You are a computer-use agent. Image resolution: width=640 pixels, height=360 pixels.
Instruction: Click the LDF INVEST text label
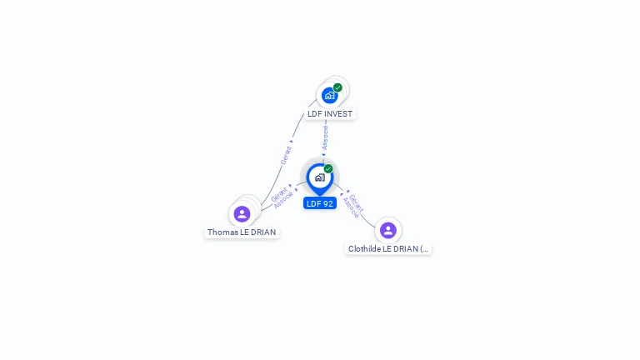point(330,113)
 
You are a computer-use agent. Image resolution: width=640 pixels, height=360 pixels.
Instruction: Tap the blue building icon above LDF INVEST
point(329,96)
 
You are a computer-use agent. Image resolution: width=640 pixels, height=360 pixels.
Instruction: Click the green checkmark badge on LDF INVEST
point(337,87)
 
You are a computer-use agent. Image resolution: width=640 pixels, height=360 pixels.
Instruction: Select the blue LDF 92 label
point(320,203)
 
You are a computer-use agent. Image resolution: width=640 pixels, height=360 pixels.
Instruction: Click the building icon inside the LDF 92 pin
point(319,177)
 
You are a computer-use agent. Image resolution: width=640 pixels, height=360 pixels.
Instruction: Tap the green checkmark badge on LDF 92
point(328,169)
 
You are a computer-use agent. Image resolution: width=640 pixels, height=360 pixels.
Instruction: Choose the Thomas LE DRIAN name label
point(242,232)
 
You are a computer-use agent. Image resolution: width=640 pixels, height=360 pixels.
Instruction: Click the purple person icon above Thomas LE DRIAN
point(242,214)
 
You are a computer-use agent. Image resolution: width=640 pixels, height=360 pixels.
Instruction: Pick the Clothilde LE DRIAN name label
point(388,248)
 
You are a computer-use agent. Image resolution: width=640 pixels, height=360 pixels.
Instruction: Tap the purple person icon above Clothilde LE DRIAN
point(387,230)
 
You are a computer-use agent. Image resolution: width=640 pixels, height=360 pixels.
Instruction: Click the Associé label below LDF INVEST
point(325,137)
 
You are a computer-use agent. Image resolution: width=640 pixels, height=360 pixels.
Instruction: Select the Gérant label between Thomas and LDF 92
point(279,193)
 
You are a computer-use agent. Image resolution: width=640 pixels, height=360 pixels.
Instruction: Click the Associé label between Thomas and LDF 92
point(283,200)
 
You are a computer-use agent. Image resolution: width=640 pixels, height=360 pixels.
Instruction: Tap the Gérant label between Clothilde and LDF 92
point(357,202)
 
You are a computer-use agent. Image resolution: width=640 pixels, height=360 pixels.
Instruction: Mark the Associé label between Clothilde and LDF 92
point(350,208)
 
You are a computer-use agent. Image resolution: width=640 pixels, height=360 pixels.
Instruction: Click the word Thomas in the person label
point(222,232)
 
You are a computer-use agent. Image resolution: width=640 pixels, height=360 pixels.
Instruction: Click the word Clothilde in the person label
point(364,248)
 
